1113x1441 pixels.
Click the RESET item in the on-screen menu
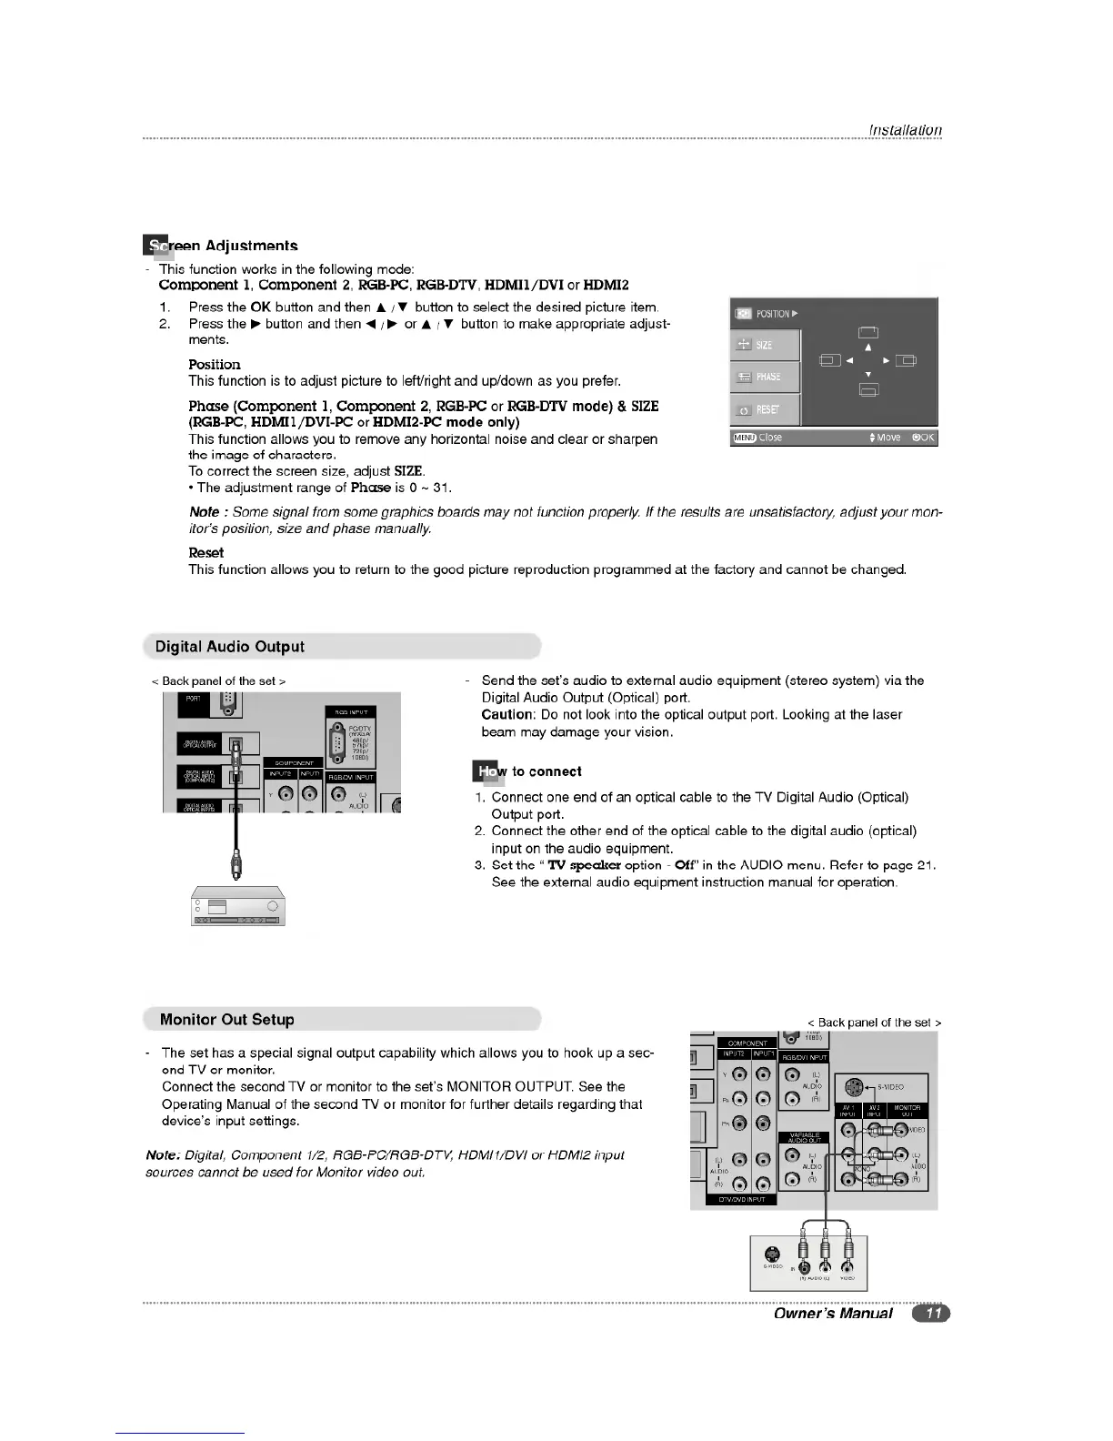pyautogui.click(x=765, y=409)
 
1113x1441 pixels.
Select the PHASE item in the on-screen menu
pyautogui.click(x=765, y=377)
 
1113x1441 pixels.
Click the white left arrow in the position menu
pyautogui.click(x=848, y=361)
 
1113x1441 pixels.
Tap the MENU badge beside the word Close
pyautogui.click(x=744, y=438)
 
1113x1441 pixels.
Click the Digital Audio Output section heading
pyautogui.click(x=229, y=647)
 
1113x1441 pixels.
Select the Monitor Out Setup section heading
pyautogui.click(x=226, y=1020)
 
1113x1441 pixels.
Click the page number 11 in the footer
pyautogui.click(x=932, y=1313)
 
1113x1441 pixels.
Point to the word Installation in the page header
pyautogui.click(x=906, y=130)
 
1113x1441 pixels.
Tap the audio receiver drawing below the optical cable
pyautogui.click(x=238, y=905)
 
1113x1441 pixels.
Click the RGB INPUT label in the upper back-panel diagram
pyautogui.click(x=349, y=712)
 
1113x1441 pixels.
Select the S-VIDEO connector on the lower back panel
pyautogui.click(x=853, y=1086)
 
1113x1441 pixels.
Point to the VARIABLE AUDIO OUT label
pyautogui.click(x=804, y=1137)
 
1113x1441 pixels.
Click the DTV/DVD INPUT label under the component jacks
pyautogui.click(x=741, y=1199)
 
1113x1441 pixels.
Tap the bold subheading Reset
pyautogui.click(x=206, y=553)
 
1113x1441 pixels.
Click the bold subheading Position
pyautogui.click(x=215, y=364)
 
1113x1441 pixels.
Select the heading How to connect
pyautogui.click(x=528, y=771)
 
